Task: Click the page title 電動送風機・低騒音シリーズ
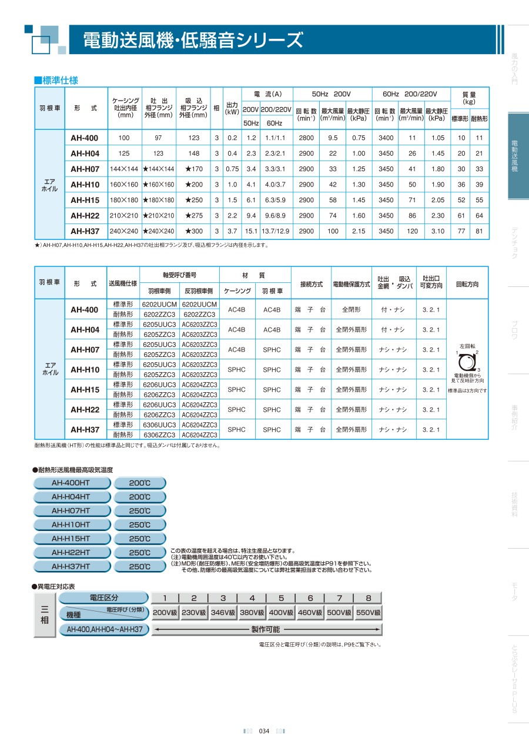click(193, 41)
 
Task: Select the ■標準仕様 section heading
click(56, 81)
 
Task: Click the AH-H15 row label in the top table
click(85, 200)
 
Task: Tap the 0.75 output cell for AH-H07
click(232, 169)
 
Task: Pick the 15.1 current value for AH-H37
click(251, 231)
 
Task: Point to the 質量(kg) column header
click(469, 98)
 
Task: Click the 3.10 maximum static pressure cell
click(437, 231)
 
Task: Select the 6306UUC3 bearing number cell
click(159, 425)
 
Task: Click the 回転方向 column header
click(467, 284)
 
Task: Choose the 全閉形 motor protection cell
click(350, 309)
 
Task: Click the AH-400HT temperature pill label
click(71, 483)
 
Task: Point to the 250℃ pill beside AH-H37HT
click(140, 567)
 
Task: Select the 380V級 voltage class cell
click(252, 613)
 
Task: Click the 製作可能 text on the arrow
click(266, 629)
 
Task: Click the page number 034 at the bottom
click(264, 731)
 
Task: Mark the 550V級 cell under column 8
click(369, 613)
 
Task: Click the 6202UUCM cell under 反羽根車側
click(199, 304)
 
